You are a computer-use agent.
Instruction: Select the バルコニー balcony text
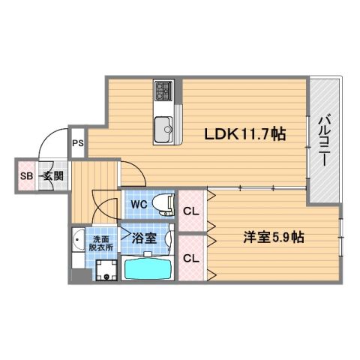pos(325,139)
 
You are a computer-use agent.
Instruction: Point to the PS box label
pos(78,142)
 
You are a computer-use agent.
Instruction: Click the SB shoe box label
pos(25,177)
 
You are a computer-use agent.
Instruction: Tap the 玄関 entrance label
pos(52,177)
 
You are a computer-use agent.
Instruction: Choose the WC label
pos(138,203)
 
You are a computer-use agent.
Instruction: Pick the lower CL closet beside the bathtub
pos(191,259)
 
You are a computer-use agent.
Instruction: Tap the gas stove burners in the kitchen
pos(164,92)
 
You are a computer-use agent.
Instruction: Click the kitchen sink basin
pos(164,130)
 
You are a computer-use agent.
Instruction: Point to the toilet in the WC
pos(162,202)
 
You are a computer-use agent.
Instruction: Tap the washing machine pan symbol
pos(106,271)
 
